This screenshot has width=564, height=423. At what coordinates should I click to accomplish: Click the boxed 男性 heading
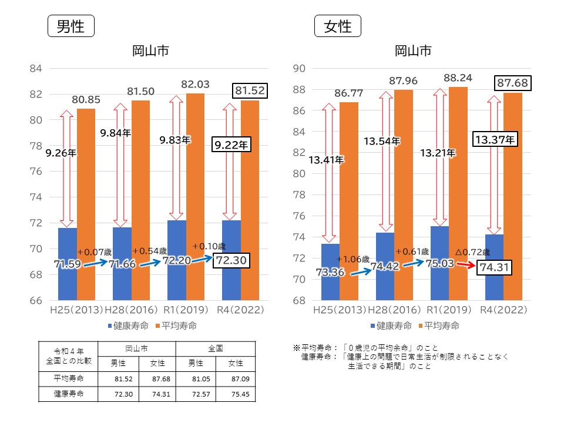coord(70,27)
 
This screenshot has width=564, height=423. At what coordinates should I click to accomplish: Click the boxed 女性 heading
coord(337,27)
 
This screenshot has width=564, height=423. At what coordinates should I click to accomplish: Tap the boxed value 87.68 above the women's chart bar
coord(513,84)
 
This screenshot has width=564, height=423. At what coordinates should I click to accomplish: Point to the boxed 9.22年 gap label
coord(231,145)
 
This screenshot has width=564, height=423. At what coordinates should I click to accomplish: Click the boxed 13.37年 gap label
coord(495,140)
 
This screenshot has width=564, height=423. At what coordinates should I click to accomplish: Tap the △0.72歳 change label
coord(473,251)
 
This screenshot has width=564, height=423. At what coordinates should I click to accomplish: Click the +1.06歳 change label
coord(353,259)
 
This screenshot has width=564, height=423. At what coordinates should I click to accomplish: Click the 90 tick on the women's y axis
coord(298,69)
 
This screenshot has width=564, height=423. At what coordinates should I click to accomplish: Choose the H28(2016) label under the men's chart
coord(132,309)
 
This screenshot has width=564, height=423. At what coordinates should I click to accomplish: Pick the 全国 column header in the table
coord(217,348)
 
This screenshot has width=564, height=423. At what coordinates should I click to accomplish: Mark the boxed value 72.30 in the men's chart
coord(234,260)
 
